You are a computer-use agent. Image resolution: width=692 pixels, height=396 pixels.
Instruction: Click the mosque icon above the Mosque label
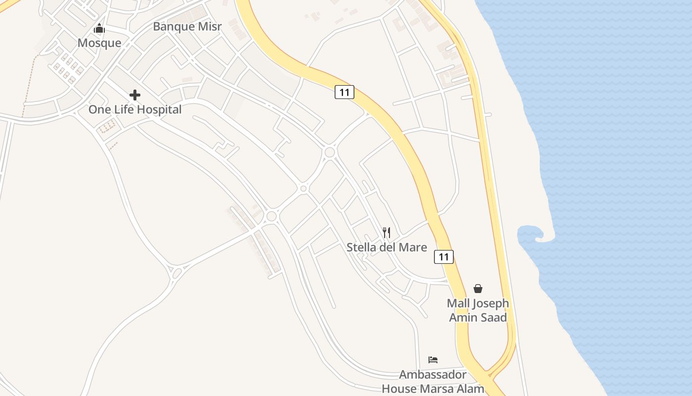99,28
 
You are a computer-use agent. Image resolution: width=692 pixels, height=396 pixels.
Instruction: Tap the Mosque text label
99,43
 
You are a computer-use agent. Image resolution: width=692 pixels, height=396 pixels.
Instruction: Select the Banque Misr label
187,26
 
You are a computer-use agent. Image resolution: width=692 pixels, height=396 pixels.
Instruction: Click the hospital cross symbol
135,95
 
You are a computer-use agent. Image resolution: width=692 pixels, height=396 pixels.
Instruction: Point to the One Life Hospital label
135,109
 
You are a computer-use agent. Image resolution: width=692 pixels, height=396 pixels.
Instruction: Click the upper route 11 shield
345,92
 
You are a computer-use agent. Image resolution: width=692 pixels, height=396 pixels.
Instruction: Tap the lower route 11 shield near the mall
444,256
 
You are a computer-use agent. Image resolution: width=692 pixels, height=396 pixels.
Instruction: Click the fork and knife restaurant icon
387,232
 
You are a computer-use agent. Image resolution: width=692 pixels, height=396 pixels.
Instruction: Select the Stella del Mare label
387,247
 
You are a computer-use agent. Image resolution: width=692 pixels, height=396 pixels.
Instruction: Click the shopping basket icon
478,288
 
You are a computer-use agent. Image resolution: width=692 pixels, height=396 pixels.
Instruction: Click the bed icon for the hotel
433,359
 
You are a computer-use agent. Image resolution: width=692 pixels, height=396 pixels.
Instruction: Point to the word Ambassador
433,374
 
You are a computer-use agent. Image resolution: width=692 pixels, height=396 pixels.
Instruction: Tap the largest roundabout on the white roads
330,152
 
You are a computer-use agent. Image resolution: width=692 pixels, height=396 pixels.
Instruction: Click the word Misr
210,26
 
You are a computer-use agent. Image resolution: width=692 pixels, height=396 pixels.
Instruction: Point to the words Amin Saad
478,317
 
